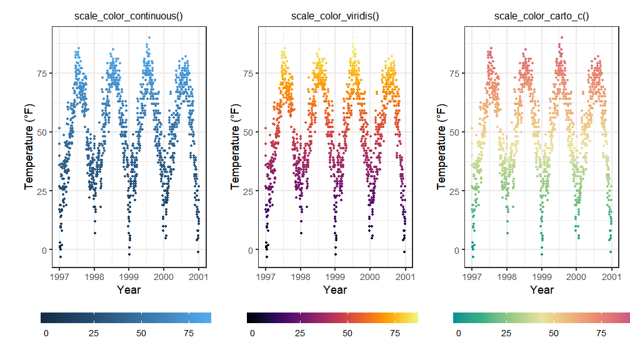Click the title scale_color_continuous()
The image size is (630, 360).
point(129,16)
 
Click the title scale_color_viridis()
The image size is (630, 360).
point(335,16)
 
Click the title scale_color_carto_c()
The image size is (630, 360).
point(541,16)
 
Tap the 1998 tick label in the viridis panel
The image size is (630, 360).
point(301,276)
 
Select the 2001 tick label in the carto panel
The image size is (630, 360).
point(611,276)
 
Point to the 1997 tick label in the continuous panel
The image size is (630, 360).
point(60,276)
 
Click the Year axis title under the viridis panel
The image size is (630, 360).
point(335,290)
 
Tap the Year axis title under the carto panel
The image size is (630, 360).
point(541,290)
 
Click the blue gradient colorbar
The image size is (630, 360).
point(126,317)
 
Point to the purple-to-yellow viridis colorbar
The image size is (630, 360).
point(332,317)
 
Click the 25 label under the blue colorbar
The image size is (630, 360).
point(94,334)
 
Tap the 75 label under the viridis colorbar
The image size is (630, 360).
point(395,334)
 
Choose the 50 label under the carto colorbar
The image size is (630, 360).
point(554,334)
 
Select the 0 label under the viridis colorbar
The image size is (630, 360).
point(252,334)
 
